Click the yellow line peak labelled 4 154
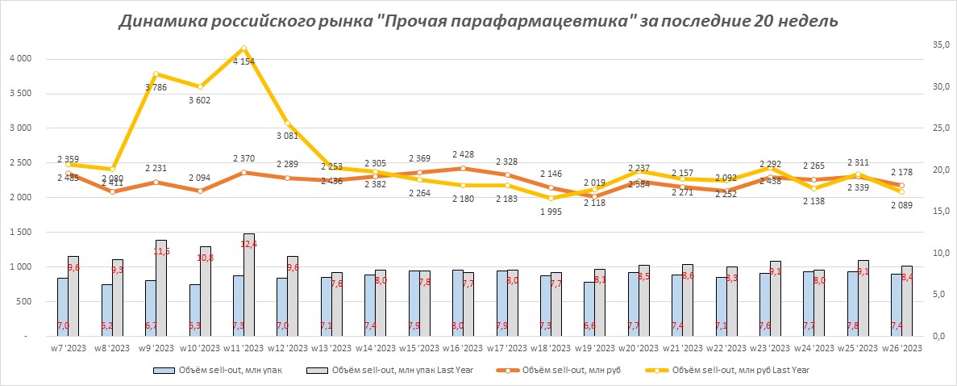coord(243,49)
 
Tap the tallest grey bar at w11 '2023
coord(248,283)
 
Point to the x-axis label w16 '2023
coord(463,349)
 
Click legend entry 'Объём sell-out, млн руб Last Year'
coord(741,371)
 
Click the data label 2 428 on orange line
coord(463,154)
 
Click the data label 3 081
coord(288,136)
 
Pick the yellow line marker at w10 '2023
coord(199,86)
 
